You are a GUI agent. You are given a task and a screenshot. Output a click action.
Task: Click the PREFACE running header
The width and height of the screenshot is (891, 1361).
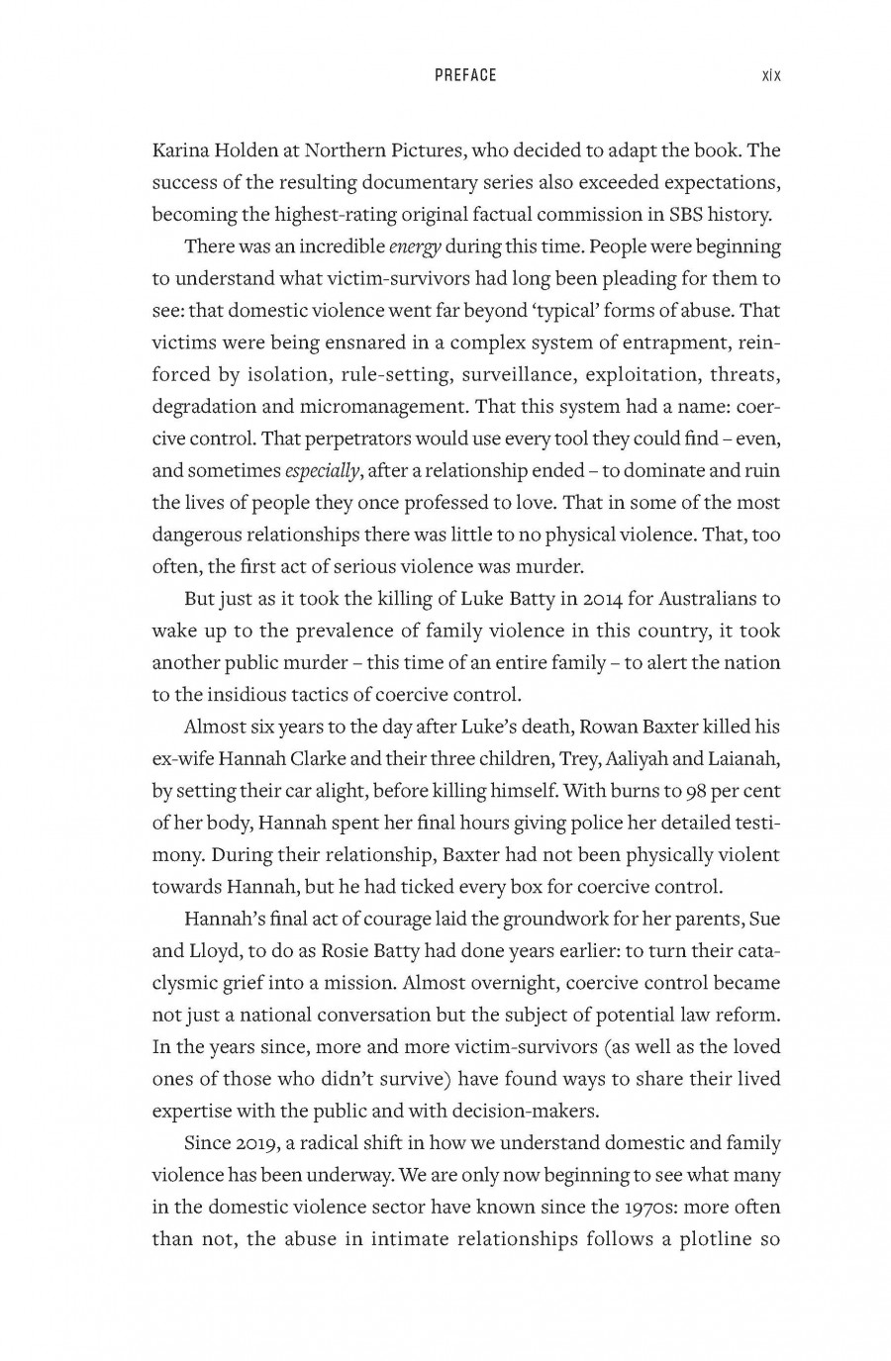pyautogui.click(x=465, y=75)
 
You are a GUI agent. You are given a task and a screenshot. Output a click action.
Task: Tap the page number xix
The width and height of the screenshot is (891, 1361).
pyautogui.click(x=771, y=75)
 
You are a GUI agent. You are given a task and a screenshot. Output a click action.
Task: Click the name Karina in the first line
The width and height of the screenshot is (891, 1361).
pyautogui.click(x=179, y=150)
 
